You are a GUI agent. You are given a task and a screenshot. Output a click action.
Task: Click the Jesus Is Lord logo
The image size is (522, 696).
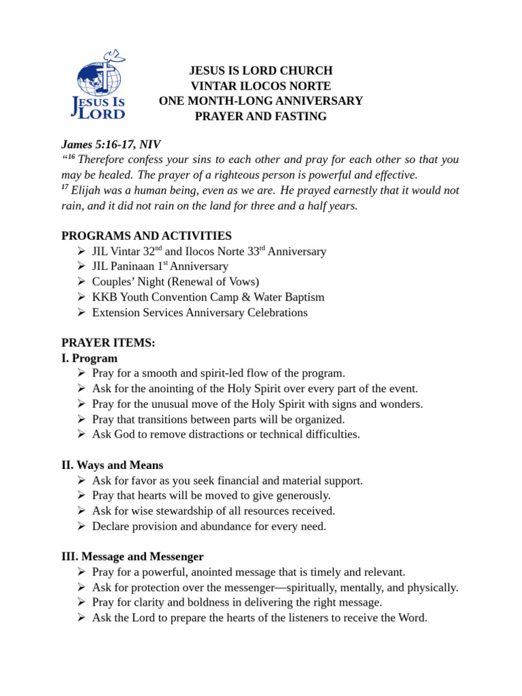pyautogui.click(x=99, y=84)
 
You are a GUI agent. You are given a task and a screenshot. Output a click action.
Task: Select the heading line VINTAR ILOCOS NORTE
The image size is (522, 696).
pyautogui.click(x=261, y=86)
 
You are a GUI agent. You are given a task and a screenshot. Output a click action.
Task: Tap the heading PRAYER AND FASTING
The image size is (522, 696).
pyautogui.click(x=261, y=116)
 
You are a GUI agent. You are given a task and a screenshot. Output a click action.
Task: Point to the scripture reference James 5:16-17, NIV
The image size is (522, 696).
pyautogui.click(x=111, y=144)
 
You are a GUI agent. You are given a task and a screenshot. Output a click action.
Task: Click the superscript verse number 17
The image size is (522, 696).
pyautogui.click(x=66, y=188)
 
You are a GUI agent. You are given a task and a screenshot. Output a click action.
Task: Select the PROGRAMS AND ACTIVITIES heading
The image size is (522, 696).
pyautogui.click(x=146, y=236)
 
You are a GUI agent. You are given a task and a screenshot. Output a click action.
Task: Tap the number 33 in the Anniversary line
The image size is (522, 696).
pyautogui.click(x=255, y=251)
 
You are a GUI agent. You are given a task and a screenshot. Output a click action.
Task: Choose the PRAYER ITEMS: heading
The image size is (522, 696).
pyautogui.click(x=108, y=343)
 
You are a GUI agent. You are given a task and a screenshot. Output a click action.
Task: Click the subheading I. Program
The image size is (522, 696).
pyautogui.click(x=89, y=358)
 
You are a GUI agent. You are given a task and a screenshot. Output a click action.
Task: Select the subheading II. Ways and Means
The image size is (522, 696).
pyautogui.click(x=112, y=466)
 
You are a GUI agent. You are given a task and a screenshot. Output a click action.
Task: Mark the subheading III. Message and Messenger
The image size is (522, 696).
pyautogui.click(x=133, y=557)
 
